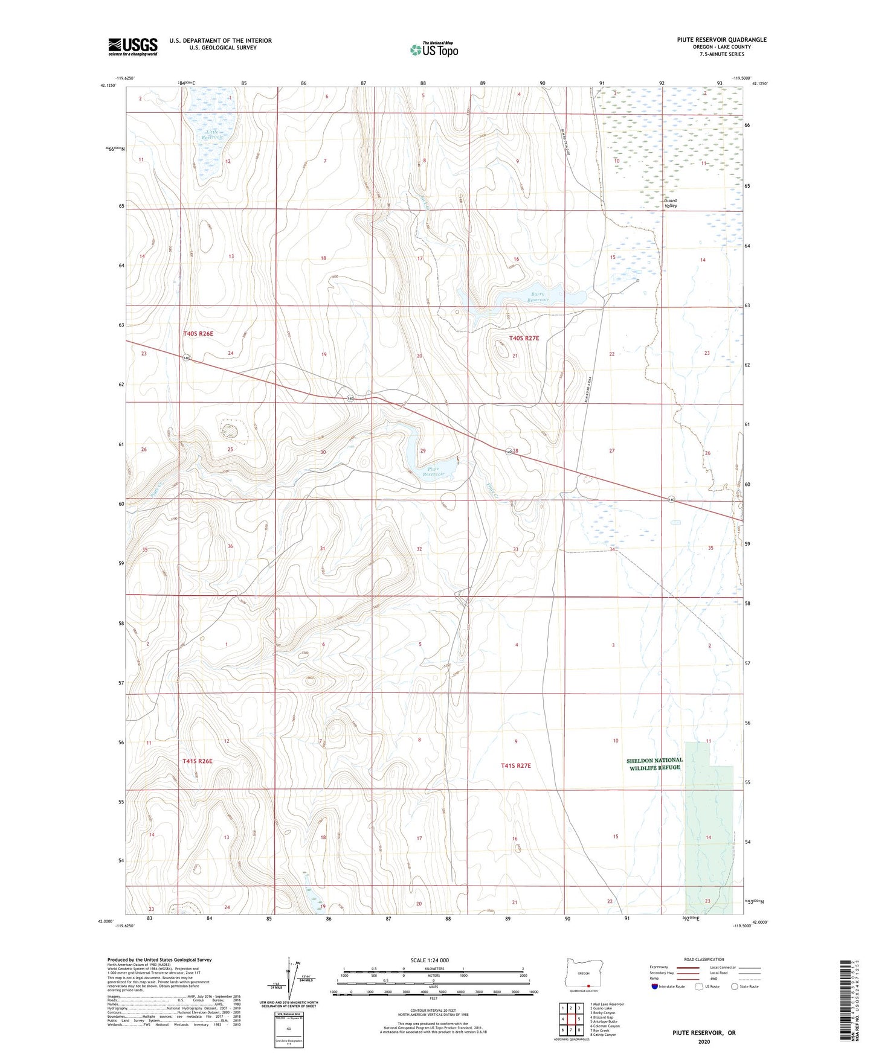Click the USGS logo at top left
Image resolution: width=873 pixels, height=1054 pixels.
(x=132, y=46)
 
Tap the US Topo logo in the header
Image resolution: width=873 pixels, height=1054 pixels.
(x=434, y=50)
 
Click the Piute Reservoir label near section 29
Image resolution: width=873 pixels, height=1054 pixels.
(x=433, y=471)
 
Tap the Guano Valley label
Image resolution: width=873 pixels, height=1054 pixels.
(x=670, y=203)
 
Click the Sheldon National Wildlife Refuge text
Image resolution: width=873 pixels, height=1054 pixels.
(x=654, y=764)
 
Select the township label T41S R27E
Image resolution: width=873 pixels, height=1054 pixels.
(x=515, y=765)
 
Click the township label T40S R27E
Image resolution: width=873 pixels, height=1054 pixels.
(x=524, y=338)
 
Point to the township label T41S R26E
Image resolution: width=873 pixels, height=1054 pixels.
(x=198, y=761)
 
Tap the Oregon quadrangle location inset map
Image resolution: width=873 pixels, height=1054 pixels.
(x=583, y=974)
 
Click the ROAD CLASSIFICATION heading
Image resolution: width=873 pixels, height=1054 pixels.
(x=704, y=959)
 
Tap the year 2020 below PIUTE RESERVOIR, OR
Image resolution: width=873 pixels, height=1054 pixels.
(x=704, y=1041)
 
